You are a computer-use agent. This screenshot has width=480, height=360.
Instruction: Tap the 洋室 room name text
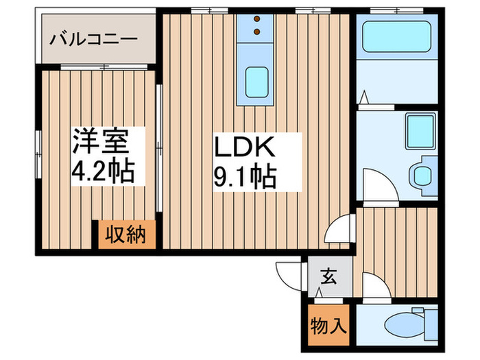point(100,142)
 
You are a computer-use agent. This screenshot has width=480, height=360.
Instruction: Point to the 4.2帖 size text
point(100,169)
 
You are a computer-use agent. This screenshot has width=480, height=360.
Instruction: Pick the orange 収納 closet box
point(125,236)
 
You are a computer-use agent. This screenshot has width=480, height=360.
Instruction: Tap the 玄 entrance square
point(328,278)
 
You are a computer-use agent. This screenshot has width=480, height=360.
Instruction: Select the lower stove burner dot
point(256,32)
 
